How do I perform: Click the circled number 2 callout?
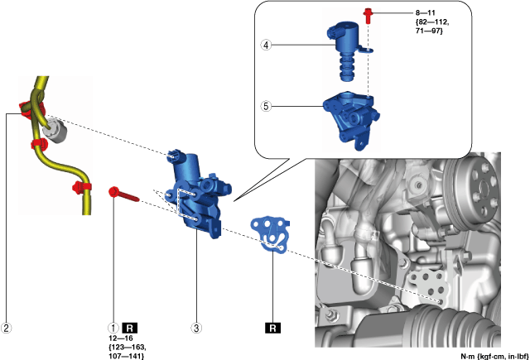[7, 328]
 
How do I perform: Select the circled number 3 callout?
[196, 328]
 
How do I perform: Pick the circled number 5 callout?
[266, 106]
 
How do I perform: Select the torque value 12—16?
[125, 339]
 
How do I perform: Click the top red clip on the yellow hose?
[25, 109]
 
